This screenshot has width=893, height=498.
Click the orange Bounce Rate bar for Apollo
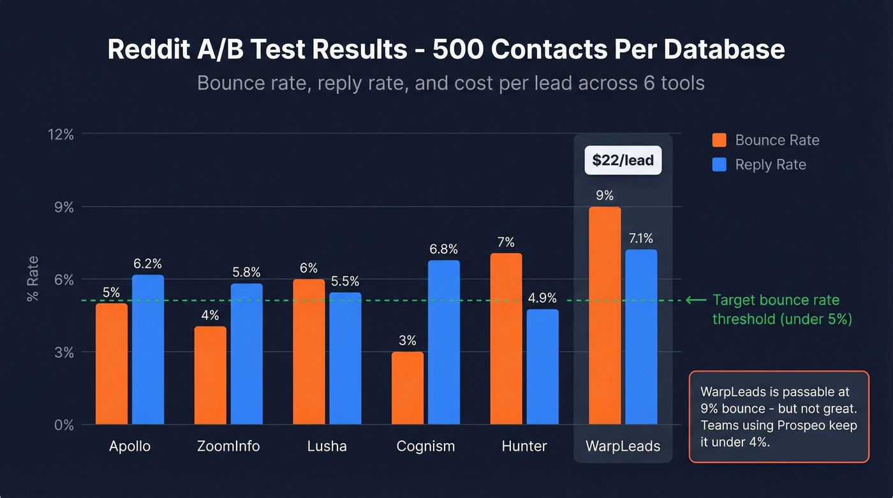point(112,363)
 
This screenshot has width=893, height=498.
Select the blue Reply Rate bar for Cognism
point(444,342)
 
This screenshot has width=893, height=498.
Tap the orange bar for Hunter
point(506,339)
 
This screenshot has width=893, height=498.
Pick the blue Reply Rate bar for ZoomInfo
point(246,354)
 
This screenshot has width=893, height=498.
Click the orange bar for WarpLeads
point(605,315)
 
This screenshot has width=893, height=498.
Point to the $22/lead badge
point(623,160)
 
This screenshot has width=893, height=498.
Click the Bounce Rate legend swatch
point(720,140)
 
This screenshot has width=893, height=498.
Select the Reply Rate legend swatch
point(720,165)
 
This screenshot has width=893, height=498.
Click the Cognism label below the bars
point(425,446)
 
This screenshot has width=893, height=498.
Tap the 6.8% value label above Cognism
point(443,249)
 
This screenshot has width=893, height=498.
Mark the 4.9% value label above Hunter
point(542,298)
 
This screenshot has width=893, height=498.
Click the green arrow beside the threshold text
point(697,300)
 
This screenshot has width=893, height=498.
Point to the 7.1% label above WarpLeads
point(640,238)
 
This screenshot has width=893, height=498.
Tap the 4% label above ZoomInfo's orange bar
point(210,315)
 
